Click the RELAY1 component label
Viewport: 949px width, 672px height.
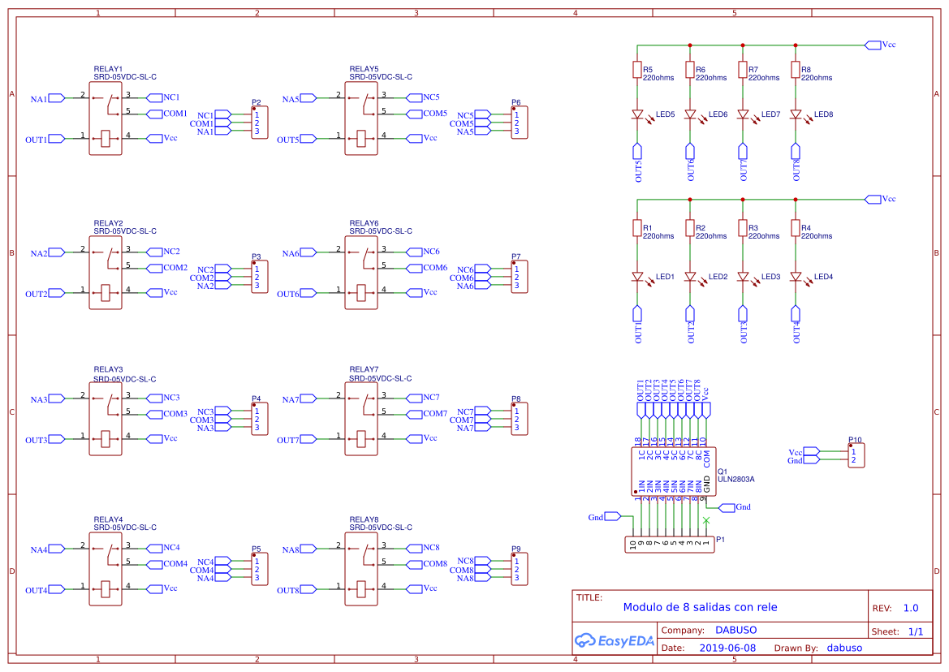click(x=108, y=69)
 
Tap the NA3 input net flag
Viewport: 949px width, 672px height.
click(x=56, y=399)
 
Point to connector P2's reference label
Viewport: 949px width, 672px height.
click(x=256, y=103)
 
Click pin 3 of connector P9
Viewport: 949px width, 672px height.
click(x=516, y=578)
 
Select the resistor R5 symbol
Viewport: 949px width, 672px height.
click(x=637, y=71)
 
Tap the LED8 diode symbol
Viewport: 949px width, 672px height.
click(x=796, y=115)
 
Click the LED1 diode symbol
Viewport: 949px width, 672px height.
click(x=637, y=278)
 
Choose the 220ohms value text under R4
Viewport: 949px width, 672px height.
click(x=816, y=236)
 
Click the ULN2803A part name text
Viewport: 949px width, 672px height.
click(x=735, y=479)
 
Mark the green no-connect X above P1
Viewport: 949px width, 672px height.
click(x=706, y=519)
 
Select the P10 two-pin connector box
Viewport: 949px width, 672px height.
click(x=856, y=455)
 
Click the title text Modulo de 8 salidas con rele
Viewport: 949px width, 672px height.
click(x=700, y=607)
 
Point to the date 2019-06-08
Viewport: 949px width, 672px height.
click(x=727, y=648)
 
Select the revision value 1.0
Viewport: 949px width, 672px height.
click(x=911, y=608)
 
